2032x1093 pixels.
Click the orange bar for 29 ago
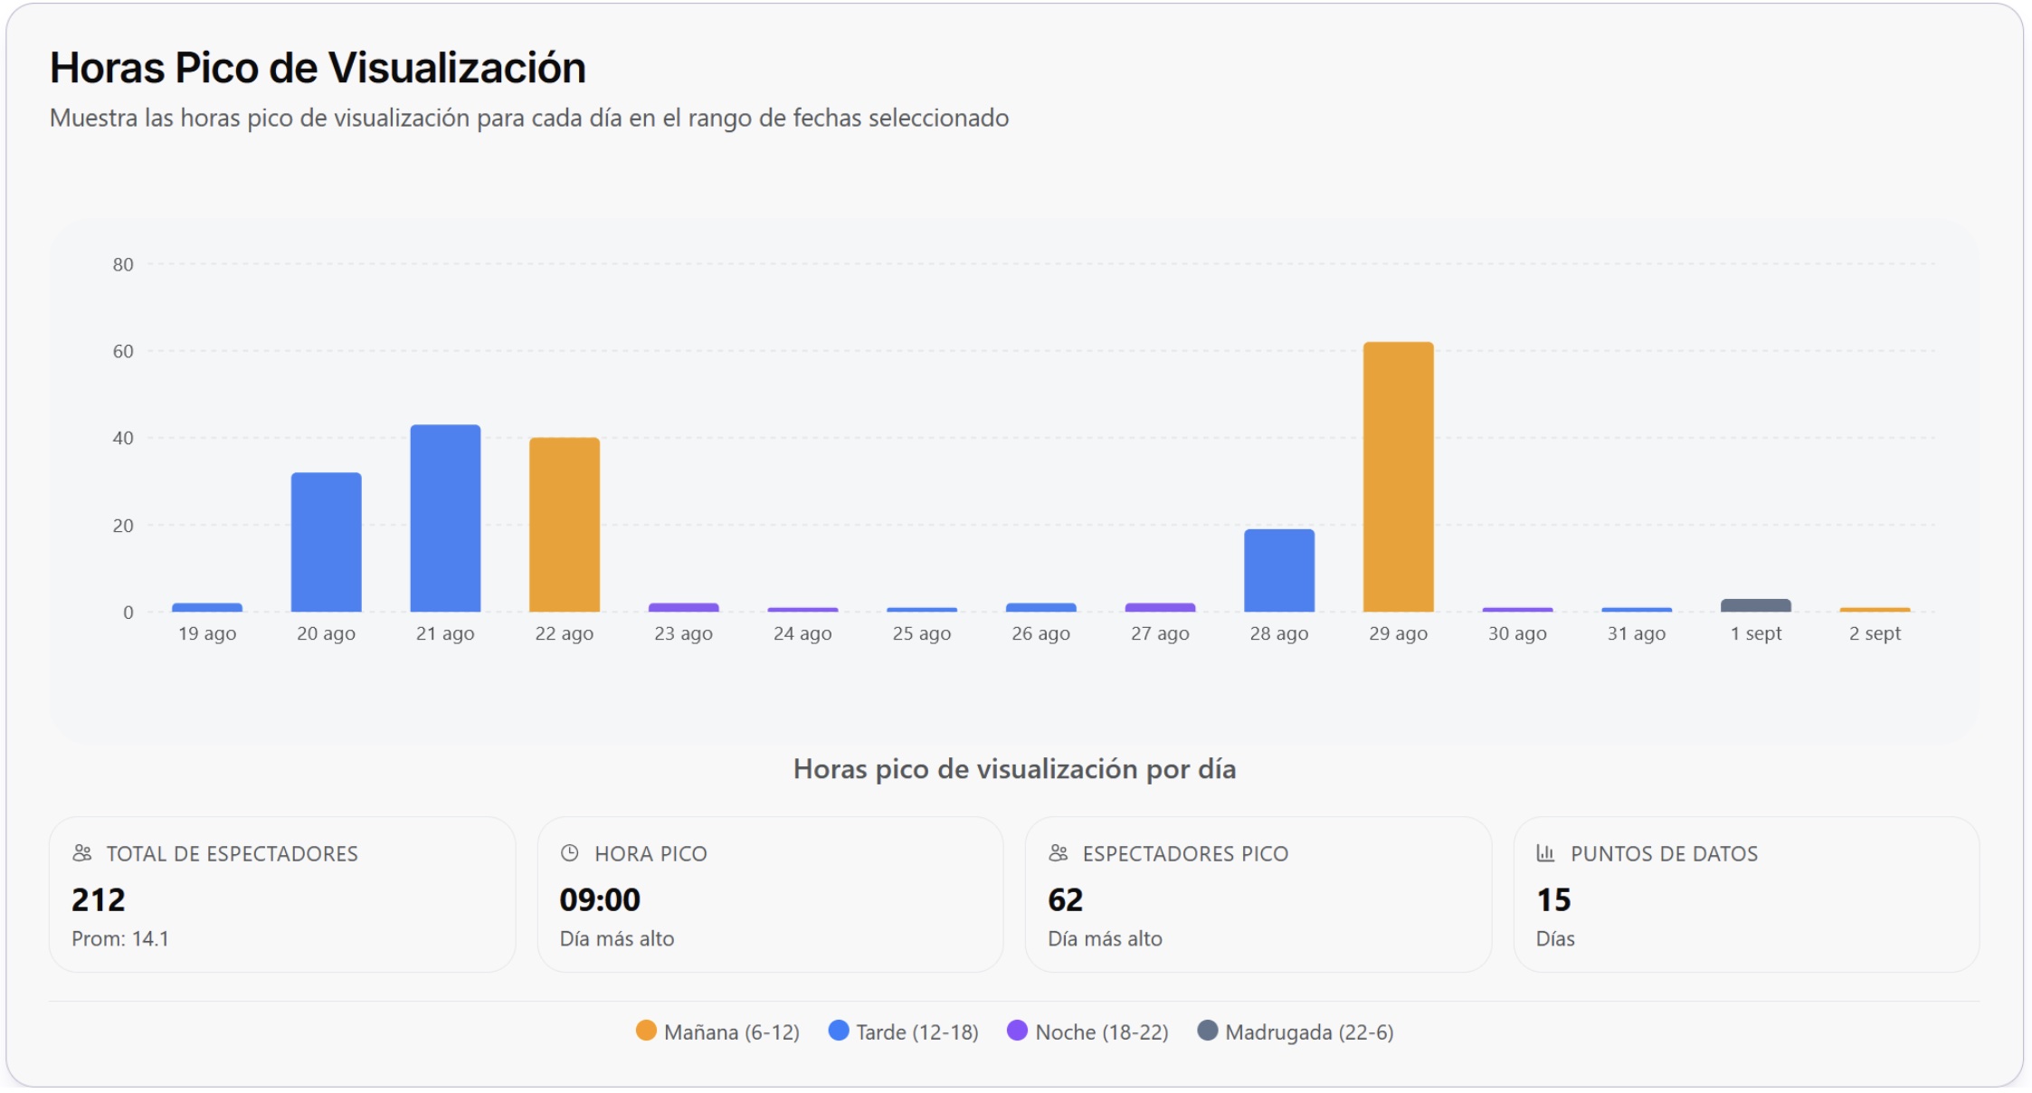(x=1398, y=477)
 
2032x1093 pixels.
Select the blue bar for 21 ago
(x=445, y=518)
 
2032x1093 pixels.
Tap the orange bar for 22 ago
(x=564, y=525)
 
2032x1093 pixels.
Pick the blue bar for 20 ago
(x=326, y=542)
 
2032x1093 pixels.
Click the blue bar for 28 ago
(x=1278, y=571)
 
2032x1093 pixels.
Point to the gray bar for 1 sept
(x=1755, y=605)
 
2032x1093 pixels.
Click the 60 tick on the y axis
(x=123, y=351)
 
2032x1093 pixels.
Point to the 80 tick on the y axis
(x=123, y=264)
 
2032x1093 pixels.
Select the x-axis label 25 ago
(x=921, y=633)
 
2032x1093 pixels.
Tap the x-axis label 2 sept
(x=1875, y=633)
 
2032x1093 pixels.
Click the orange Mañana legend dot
(x=646, y=1031)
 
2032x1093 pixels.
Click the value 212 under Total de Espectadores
(x=99, y=899)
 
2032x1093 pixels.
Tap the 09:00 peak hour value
(x=600, y=899)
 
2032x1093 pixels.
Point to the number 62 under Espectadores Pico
(x=1065, y=899)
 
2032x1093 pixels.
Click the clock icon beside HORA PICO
(x=569, y=852)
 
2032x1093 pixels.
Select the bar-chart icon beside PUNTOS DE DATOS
(x=1545, y=852)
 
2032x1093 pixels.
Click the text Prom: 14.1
(x=120, y=938)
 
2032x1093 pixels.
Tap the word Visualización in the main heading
(x=457, y=68)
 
